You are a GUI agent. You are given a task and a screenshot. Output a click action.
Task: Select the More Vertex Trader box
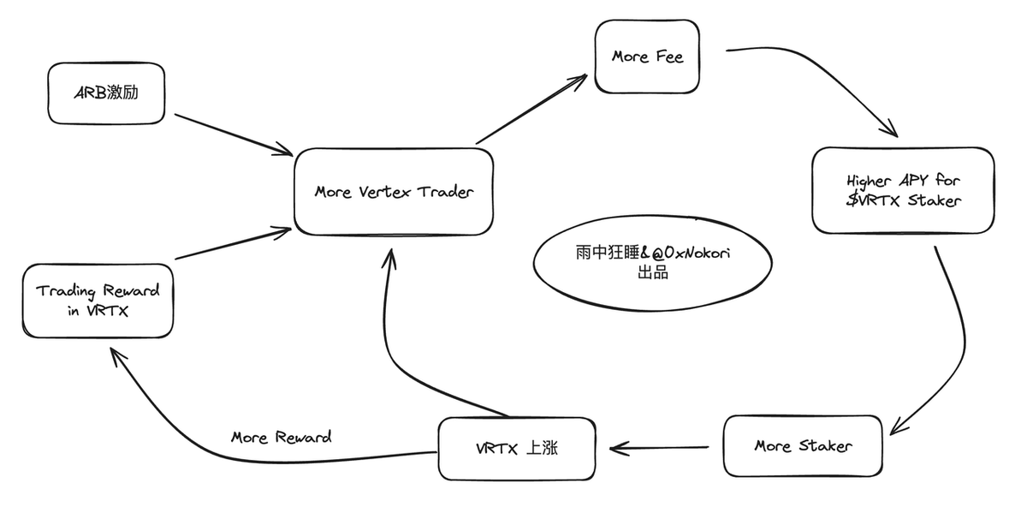tap(393, 192)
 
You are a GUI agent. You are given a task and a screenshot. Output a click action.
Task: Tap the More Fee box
tap(647, 57)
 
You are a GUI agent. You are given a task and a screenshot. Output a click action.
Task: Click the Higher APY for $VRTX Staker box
tap(903, 190)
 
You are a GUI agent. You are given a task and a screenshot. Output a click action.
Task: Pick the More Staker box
tap(802, 446)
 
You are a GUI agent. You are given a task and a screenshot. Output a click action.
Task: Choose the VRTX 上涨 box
tap(516, 449)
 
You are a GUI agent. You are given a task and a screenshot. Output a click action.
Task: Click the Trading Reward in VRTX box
tap(98, 300)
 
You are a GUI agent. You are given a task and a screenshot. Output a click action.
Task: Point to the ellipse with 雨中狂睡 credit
tap(652, 264)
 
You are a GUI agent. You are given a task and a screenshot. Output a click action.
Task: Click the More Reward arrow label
tap(281, 438)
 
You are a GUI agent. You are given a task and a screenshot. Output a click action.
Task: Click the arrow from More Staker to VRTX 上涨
tap(659, 447)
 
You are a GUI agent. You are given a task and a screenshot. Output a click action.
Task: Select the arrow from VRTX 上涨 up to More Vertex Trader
tap(407, 343)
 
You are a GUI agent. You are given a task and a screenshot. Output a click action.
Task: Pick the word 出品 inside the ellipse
tap(652, 274)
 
